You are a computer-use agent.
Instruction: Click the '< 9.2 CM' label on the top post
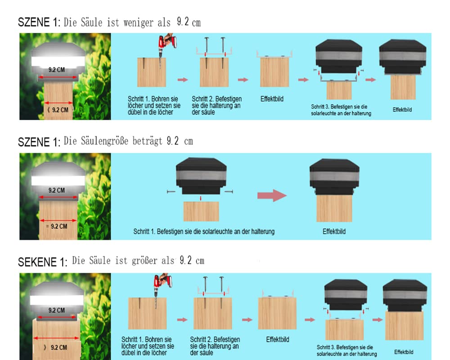[58, 109]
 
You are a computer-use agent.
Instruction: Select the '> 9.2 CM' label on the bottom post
[57, 347]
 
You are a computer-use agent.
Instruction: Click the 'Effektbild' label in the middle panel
[334, 232]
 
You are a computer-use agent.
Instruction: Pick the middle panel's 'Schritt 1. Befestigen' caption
[204, 232]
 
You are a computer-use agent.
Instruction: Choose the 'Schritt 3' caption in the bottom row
[345, 351]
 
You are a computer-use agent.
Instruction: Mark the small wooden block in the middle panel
[201, 211]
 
